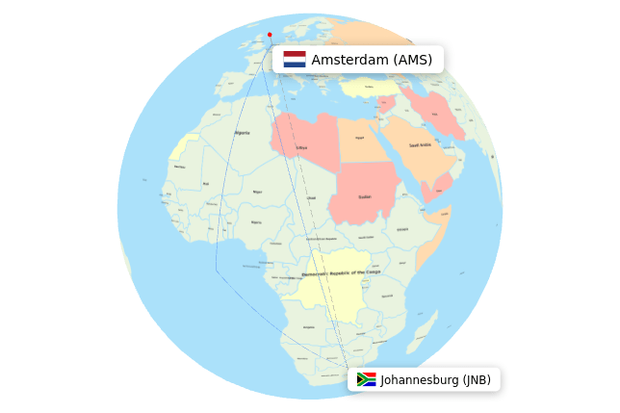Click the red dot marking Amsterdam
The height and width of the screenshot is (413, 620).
[x=270, y=35]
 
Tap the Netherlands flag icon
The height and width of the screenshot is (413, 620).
[x=295, y=60]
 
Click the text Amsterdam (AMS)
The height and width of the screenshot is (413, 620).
[x=372, y=60]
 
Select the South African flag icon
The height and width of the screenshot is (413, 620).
[x=366, y=379]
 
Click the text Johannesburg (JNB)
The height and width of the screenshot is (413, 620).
[x=435, y=379]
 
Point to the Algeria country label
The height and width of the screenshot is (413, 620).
[x=242, y=133]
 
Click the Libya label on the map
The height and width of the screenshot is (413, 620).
[x=301, y=147]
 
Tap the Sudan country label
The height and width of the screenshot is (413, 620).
[x=365, y=196]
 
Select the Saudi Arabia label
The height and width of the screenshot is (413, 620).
[x=420, y=145]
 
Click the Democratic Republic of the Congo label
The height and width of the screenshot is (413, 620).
[x=334, y=272]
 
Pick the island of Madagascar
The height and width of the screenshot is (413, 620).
[x=425, y=332]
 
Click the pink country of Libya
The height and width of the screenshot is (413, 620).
[x=306, y=135]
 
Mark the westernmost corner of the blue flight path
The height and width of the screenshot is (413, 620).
[x=216, y=270]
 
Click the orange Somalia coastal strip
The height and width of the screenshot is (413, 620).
[x=431, y=240]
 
